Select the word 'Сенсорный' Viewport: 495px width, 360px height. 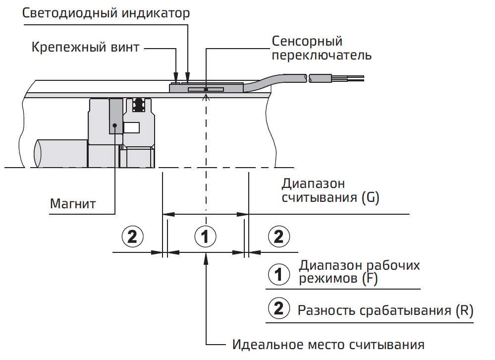pos(307,41)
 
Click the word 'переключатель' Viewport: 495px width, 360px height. pos(322,55)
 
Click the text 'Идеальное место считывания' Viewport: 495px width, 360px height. pos(329,344)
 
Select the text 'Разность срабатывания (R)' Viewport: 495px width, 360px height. pos(385,311)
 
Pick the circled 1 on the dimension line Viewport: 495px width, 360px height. pos(205,237)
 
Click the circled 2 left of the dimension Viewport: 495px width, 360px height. pos(132,237)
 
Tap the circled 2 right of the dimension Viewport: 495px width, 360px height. pos(278,237)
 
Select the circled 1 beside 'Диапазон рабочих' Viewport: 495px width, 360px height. pos(278,273)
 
